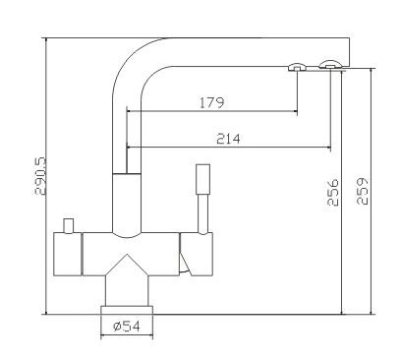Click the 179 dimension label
coord(211,102)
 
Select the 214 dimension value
coord(228,139)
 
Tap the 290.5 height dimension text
coord(41,176)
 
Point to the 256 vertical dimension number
coord(333,192)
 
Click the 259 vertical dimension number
coord(363,191)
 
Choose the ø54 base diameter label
coord(127,327)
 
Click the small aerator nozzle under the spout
coord(297,67)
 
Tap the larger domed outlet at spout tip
coord(330,64)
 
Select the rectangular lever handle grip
coord(202,179)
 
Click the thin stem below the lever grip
coord(203,214)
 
